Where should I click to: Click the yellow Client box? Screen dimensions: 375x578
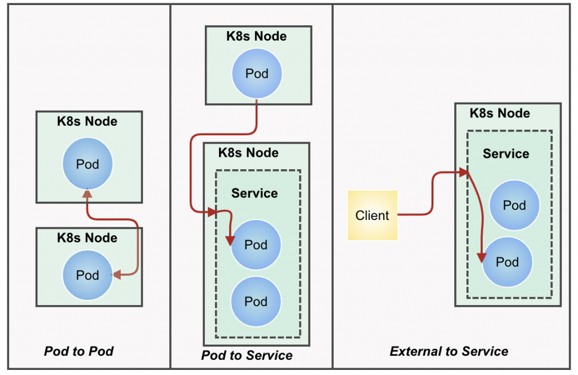373,215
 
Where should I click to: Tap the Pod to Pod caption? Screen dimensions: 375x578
79,351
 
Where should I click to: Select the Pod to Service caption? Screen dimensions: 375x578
247,355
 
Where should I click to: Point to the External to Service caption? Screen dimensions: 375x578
449,351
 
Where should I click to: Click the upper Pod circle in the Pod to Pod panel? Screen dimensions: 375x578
87,164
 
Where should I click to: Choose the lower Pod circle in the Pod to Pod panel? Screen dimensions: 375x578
87,275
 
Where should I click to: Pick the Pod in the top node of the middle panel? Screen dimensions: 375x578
257,74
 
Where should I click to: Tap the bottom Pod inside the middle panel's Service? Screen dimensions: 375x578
256,302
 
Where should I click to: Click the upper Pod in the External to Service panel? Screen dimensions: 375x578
514,205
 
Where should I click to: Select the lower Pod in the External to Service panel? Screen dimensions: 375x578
507,262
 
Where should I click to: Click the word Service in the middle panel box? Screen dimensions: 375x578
255,193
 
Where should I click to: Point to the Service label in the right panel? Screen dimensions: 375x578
506,154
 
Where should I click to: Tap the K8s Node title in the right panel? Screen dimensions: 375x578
500,113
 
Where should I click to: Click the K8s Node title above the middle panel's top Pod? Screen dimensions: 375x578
257,36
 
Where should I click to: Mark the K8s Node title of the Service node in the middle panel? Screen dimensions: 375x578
248,153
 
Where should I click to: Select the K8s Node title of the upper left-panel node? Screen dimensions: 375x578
87,121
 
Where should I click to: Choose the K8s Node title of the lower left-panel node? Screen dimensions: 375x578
87,238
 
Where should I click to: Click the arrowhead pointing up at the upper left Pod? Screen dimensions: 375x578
87,193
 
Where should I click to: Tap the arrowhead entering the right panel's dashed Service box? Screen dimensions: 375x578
464,172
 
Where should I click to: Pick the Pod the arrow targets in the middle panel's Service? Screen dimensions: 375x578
256,245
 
